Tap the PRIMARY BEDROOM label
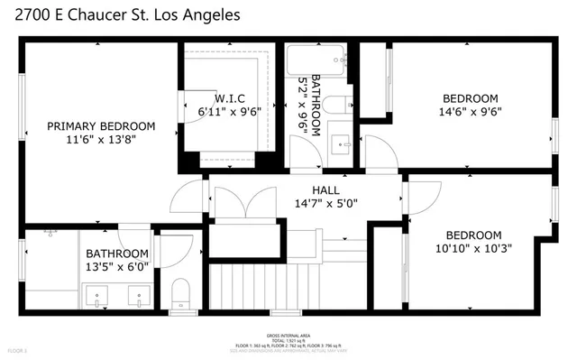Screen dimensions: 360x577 click(101, 126)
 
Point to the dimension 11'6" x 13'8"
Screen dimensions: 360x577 click(101, 141)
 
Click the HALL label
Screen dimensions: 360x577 click(325, 190)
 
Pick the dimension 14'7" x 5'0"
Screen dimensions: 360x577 click(325, 204)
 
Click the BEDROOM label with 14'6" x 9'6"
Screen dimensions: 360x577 click(470, 98)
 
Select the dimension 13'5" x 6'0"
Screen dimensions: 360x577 click(117, 268)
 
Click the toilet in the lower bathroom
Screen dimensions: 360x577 click(179, 292)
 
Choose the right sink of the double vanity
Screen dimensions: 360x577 click(137, 293)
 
